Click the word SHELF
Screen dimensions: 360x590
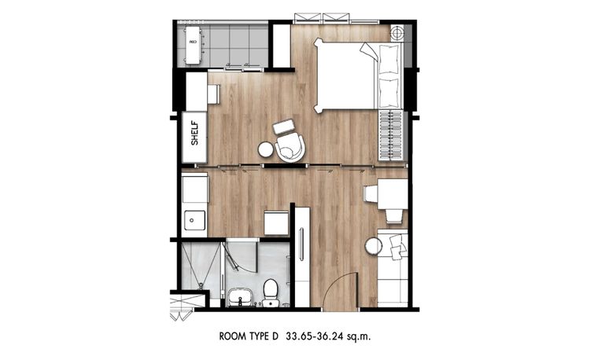click(195, 131)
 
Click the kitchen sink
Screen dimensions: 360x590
click(192, 219)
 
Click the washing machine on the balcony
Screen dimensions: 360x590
click(192, 46)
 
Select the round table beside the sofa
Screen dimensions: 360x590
click(372, 245)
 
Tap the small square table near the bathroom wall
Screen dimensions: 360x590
click(276, 223)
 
